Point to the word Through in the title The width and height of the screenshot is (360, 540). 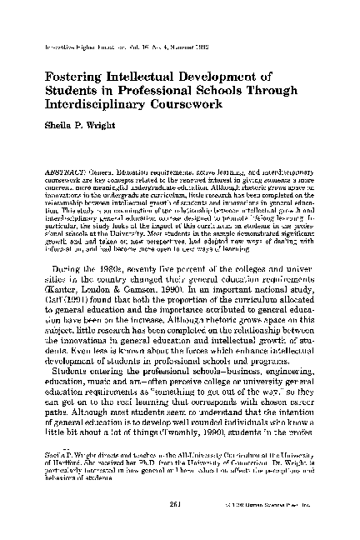click(286, 92)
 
